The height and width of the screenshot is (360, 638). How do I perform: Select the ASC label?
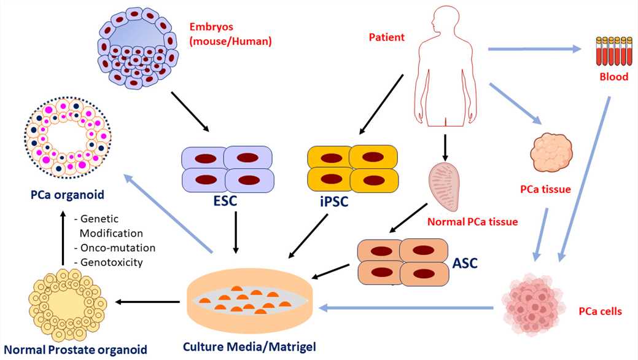click(465, 264)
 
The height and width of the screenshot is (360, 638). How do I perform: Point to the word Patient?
click(386, 37)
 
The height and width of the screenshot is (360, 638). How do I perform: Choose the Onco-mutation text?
click(114, 248)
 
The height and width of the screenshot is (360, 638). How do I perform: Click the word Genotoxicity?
click(111, 262)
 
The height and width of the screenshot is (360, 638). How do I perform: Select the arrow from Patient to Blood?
click(534, 48)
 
